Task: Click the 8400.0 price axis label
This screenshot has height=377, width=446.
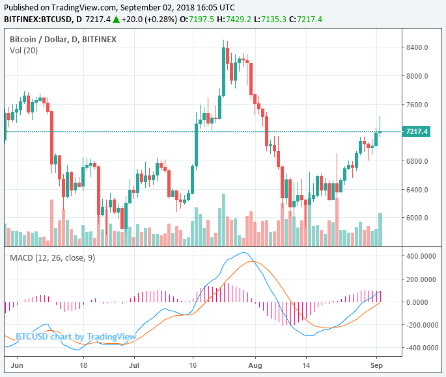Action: point(416,47)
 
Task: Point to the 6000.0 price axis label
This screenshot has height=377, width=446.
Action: point(416,218)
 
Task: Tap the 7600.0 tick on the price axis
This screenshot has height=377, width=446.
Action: point(416,105)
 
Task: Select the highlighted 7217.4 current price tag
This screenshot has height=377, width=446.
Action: point(417,132)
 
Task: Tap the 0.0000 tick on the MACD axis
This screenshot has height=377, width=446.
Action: point(421,302)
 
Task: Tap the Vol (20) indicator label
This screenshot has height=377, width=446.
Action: point(23,51)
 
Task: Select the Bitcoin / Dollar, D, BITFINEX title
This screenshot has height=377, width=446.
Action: point(63,40)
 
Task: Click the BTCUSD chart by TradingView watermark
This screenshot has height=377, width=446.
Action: point(76,336)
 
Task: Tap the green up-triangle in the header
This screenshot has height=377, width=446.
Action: point(116,19)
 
